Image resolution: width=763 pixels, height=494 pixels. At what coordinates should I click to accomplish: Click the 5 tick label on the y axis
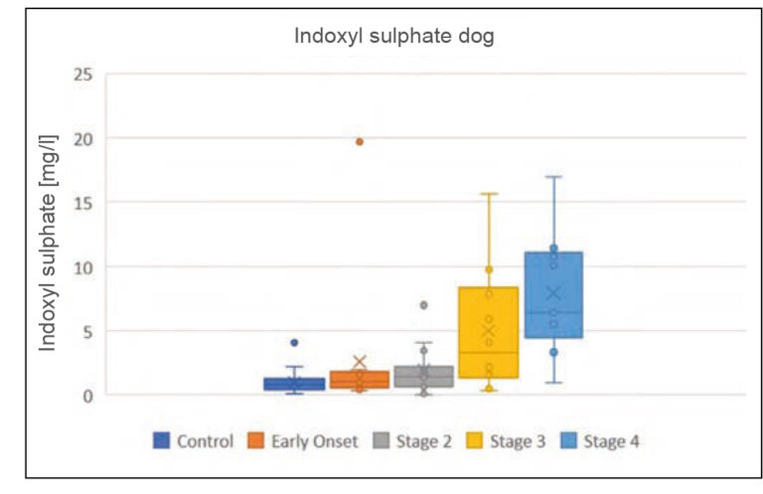pyautogui.click(x=86, y=331)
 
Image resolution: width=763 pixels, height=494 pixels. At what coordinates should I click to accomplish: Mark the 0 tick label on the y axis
pyautogui.click(x=86, y=396)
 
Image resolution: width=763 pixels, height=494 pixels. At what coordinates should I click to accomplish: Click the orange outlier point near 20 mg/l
pyautogui.click(x=360, y=142)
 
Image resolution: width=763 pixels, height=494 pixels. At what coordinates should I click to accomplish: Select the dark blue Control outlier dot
pyautogui.click(x=294, y=343)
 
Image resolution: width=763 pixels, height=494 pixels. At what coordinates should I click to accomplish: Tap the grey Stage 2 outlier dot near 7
pyautogui.click(x=424, y=305)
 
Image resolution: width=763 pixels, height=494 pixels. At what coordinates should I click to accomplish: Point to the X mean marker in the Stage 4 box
pyautogui.click(x=553, y=293)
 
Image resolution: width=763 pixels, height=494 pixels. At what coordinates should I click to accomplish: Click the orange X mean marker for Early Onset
pyautogui.click(x=360, y=363)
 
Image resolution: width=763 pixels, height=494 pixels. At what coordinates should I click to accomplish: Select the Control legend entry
pyautogui.click(x=194, y=439)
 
